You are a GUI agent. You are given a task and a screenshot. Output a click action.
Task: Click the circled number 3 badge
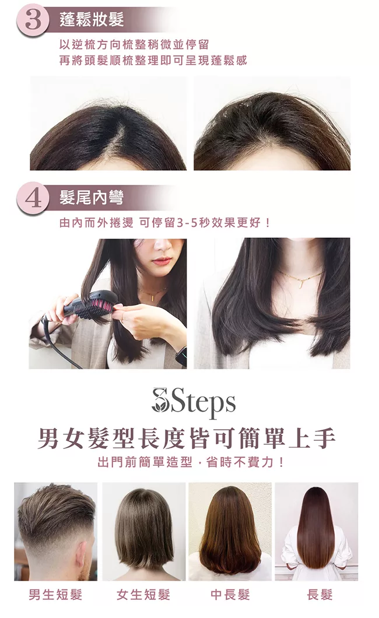(x=33, y=20)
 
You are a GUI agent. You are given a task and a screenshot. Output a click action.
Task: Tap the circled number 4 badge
(x=33, y=198)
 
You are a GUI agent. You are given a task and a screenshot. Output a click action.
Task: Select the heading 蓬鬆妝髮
(x=92, y=19)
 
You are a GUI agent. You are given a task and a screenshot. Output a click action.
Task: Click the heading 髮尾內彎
(x=92, y=197)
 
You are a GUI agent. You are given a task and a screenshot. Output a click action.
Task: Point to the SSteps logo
(x=194, y=402)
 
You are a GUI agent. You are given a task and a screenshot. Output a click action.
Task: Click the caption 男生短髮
(x=55, y=594)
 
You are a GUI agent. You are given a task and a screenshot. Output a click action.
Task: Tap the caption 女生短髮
(x=143, y=594)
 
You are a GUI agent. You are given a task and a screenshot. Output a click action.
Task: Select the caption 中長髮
(x=230, y=594)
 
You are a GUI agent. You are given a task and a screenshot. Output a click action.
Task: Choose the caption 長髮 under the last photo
(x=320, y=594)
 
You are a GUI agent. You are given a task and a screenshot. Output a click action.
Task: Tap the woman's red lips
(x=162, y=261)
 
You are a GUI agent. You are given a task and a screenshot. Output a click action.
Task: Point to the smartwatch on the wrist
(x=181, y=356)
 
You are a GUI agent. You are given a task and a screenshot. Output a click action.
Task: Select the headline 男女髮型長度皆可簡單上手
(x=187, y=438)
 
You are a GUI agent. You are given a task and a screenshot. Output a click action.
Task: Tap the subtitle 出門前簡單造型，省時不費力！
(x=190, y=462)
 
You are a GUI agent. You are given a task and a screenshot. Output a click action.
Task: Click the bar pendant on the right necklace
(x=299, y=283)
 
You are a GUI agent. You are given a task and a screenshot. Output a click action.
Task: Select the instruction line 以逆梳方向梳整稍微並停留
(x=134, y=44)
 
